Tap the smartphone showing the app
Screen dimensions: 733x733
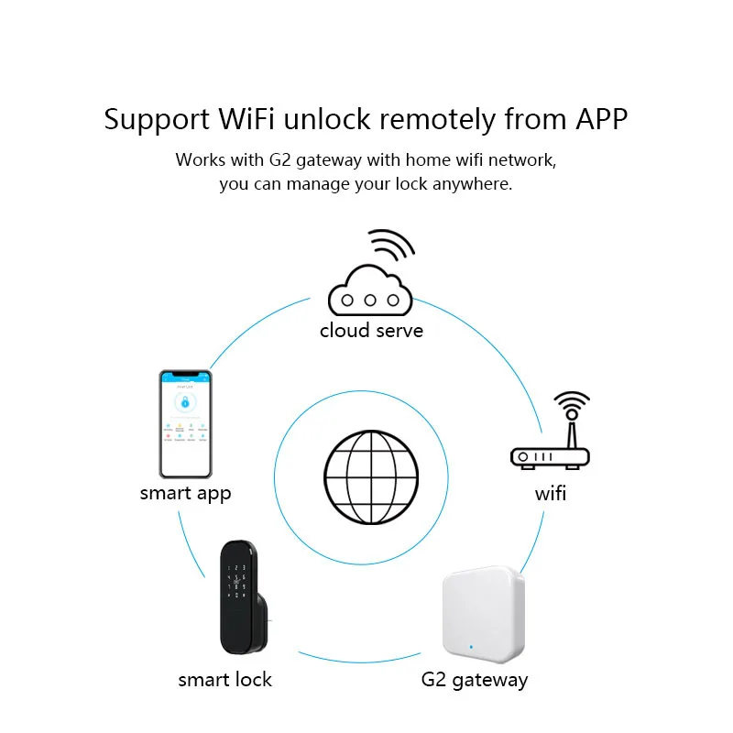[x=186, y=423]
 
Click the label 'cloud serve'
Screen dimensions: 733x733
[x=371, y=330]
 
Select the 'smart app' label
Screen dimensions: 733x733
[x=185, y=493]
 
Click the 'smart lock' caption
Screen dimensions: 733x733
[x=224, y=680]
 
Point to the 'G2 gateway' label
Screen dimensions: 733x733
[x=474, y=680]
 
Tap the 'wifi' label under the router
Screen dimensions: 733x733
[x=551, y=494]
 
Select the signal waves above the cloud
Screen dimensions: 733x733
[x=389, y=246]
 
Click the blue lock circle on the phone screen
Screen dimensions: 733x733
[x=184, y=401]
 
